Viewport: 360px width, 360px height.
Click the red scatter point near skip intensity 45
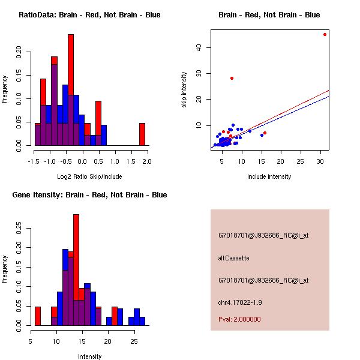[x=325, y=34]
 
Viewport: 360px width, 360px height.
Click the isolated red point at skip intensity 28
[x=232, y=78]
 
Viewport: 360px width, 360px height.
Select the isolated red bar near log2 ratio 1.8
[x=142, y=134]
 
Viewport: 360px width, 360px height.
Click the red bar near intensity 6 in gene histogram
[x=38, y=316]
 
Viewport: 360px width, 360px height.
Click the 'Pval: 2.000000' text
[x=239, y=319]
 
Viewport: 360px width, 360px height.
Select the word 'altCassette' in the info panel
[x=233, y=258]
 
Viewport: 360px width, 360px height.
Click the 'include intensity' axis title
[x=269, y=176]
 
